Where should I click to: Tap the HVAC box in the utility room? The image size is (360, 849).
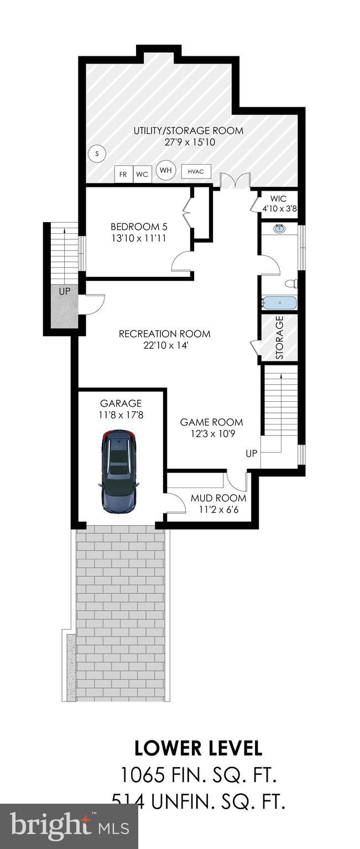pyautogui.click(x=196, y=172)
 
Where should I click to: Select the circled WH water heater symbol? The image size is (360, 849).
pyautogui.click(x=165, y=170)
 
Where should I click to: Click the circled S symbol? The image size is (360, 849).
pyautogui.click(x=97, y=153)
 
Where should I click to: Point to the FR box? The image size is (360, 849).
pyautogui.click(x=123, y=175)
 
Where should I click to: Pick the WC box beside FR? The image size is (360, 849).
pyautogui.click(x=142, y=175)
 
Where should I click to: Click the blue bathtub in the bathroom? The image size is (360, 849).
pyautogui.click(x=279, y=303)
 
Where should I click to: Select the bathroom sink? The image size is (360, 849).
pyautogui.click(x=280, y=228)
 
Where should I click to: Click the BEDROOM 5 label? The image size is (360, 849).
pyautogui.click(x=139, y=227)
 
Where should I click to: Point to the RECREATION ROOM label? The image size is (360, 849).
pyautogui.click(x=164, y=334)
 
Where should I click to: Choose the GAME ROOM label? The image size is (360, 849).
pyautogui.click(x=211, y=422)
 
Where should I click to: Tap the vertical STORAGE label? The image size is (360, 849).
pyautogui.click(x=279, y=337)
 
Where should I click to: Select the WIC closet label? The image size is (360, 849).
pyautogui.click(x=279, y=198)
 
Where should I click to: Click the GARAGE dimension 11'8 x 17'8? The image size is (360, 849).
pyautogui.click(x=121, y=415)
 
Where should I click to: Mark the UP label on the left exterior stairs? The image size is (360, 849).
pyautogui.click(x=65, y=291)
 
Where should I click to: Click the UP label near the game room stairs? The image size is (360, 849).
pyautogui.click(x=252, y=454)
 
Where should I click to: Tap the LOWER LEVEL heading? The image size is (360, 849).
pyautogui.click(x=198, y=748)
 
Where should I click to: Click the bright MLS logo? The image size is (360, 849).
pyautogui.click(x=69, y=827)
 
